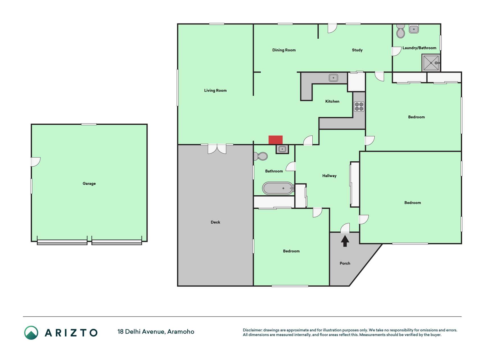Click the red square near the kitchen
coord(275,140)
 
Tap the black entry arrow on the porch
coord(345,241)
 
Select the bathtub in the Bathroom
coord(278,188)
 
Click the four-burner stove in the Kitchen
coord(359,107)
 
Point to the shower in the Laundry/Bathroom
coord(431,63)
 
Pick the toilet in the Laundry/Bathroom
coord(401,31)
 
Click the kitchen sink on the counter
coord(333,78)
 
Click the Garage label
coord(89,183)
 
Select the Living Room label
coord(215,90)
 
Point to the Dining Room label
coord(284,50)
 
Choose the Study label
coord(357,50)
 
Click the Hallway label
coord(329,176)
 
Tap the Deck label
coord(215,222)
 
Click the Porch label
coord(345,263)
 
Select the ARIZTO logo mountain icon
coord(31,333)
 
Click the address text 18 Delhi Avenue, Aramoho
coord(156,332)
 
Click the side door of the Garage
coord(36,162)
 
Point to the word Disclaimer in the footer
coord(252,330)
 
